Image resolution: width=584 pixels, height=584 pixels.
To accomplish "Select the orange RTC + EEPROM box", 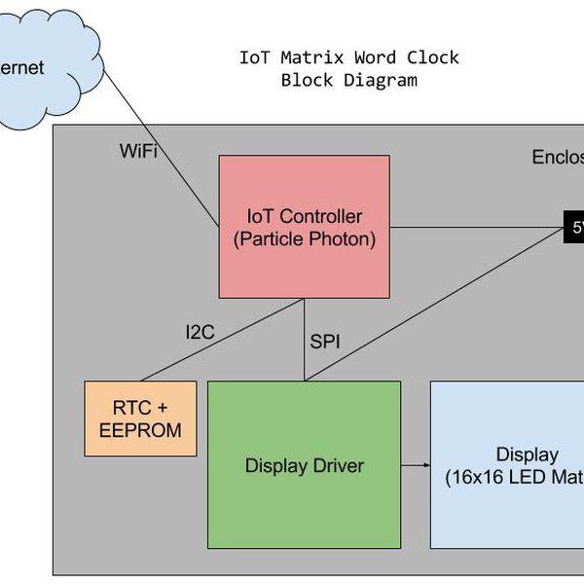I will pos(140,419).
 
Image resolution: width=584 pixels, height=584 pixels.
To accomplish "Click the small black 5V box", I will pos(574,228).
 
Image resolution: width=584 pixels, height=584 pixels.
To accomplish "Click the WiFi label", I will pos(138,151).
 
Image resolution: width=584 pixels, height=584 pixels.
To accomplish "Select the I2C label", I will pos(200,333).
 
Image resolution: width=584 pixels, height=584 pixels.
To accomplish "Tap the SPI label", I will pos(325,342).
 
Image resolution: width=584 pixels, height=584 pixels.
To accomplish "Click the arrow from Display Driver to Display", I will pos(416,465).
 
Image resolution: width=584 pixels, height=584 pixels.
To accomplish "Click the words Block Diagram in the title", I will pos(348,80).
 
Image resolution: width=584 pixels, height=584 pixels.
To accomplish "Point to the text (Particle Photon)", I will pos(305,237).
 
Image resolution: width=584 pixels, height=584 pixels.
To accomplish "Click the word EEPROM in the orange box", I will pos(140,429).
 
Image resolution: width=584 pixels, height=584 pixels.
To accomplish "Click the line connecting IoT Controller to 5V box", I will pos(477,228).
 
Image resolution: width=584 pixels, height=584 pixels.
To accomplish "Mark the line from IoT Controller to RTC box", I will pos(224,340).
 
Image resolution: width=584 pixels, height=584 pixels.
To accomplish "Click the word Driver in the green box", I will pos(334,466).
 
